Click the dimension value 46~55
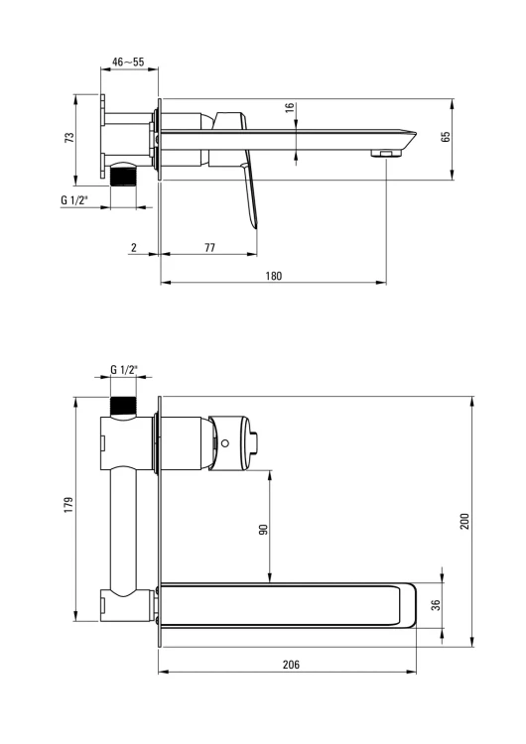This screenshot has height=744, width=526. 128,62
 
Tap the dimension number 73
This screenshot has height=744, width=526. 69,138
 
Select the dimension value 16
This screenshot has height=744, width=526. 290,108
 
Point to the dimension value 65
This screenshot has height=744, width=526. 446,137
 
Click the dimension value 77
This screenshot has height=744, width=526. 209,247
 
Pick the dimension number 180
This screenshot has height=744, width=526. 274,276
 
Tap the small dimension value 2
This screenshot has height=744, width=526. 134,247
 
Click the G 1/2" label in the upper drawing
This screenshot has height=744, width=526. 74,200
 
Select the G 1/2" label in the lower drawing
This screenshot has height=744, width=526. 124,370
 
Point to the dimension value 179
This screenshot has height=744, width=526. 68,505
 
